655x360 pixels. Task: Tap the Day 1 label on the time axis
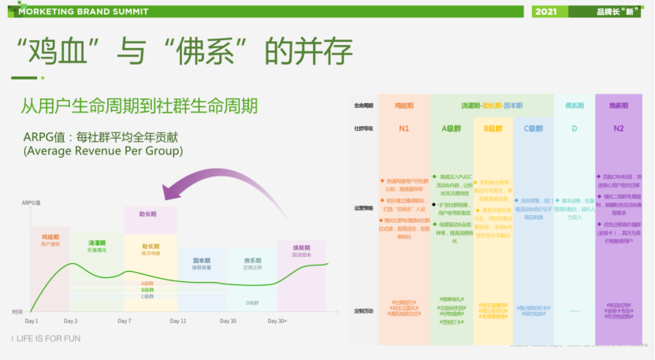[32, 321]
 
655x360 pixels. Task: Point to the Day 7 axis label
[125, 321]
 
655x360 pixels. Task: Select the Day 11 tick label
[178, 321]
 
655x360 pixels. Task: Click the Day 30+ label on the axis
[277, 321]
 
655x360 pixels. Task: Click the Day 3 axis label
[71, 321]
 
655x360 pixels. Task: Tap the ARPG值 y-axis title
[32, 203]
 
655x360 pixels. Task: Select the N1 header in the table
[404, 128]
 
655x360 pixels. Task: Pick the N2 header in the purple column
[618, 128]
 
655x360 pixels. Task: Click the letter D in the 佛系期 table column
[575, 128]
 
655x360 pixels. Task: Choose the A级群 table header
[452, 128]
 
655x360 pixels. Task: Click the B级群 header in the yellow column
[493, 128]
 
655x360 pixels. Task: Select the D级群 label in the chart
[252, 302]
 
